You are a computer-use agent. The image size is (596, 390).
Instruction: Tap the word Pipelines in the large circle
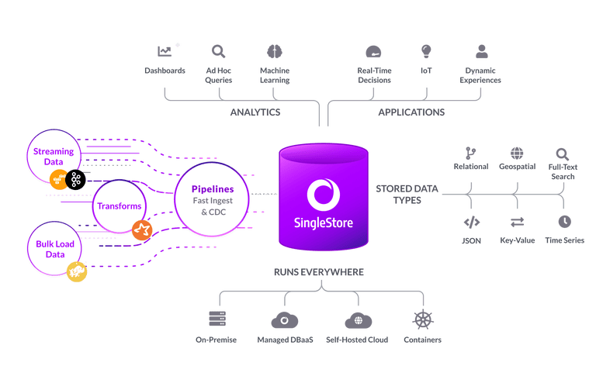[212, 188]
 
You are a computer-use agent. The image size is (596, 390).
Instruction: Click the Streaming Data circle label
[54, 157]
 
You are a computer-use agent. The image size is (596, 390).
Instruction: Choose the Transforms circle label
[119, 206]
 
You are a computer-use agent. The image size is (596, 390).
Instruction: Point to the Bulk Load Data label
[54, 249]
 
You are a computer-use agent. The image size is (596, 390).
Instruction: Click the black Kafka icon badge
[74, 180]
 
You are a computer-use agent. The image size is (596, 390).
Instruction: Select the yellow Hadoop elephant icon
[75, 271]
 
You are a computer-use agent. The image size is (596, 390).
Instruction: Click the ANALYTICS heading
[255, 112]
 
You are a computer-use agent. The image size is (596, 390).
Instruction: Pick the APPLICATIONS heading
[411, 112]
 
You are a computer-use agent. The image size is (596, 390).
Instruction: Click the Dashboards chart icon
[165, 52]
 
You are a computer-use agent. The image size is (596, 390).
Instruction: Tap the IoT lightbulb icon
[426, 51]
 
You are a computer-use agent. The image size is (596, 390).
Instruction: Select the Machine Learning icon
[274, 51]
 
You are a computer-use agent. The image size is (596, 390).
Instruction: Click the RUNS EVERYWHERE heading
[319, 273]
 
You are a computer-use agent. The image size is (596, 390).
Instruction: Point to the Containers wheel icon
[423, 319]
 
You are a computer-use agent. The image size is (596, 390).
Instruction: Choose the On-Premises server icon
[217, 319]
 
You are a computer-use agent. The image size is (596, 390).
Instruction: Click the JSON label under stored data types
[471, 241]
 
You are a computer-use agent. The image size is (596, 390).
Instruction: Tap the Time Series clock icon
[563, 222]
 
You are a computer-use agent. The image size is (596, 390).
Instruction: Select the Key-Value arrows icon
[518, 222]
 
